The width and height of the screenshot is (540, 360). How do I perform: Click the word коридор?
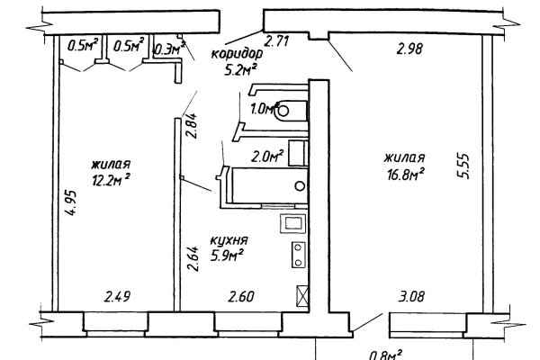[237, 54]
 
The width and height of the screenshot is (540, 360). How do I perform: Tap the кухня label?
[229, 240]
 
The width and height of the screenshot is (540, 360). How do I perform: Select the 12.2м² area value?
[111, 180]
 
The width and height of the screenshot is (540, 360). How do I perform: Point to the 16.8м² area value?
[405, 174]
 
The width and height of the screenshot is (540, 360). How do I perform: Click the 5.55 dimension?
[463, 166]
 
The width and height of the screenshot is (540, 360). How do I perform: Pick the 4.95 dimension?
[71, 202]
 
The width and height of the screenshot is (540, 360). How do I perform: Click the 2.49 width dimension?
[117, 296]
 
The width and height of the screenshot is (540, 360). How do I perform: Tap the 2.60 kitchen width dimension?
[241, 296]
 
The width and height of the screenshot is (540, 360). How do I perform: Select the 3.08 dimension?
[411, 296]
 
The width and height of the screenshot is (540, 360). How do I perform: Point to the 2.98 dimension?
[409, 49]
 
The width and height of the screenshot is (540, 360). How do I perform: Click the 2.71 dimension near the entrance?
[276, 41]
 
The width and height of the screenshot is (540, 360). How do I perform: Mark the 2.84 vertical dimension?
[192, 126]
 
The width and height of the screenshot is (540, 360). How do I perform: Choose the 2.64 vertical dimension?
[193, 259]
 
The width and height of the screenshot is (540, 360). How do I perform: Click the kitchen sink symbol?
[293, 223]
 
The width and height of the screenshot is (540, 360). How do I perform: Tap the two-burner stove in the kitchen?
[299, 255]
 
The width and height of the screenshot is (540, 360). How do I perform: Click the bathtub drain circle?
[300, 186]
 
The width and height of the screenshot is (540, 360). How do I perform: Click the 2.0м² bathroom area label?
[267, 157]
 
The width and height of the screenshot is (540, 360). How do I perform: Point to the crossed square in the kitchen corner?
[302, 296]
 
